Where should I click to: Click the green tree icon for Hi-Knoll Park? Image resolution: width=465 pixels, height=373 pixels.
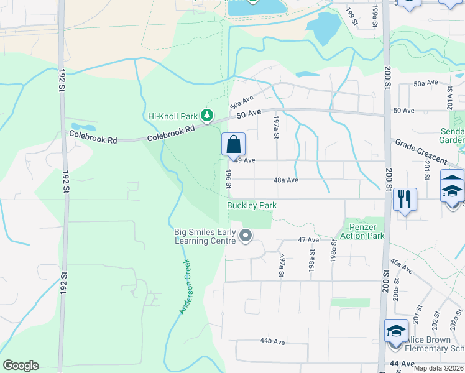coord(207,116)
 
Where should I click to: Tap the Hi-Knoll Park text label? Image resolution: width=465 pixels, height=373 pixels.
coord(172,116)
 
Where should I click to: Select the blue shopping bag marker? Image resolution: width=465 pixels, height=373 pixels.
coord(233,145)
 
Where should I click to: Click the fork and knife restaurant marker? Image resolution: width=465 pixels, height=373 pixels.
coord(404,200)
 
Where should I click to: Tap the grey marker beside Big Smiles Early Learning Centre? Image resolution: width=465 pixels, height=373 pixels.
coord(246,236)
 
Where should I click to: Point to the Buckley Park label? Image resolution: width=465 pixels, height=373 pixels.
coord(251,205)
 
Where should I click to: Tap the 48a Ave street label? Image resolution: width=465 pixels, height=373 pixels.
coord(286,180)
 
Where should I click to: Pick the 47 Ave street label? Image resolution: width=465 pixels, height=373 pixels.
coord(308,239)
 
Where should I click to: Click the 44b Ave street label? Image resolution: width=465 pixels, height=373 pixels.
coord(272,341)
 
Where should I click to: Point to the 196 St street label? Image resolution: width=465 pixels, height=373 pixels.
coord(228,179)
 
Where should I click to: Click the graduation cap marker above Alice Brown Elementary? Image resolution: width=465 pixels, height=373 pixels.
coord(396,330)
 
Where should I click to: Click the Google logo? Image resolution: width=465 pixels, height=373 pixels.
coord(21,366)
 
